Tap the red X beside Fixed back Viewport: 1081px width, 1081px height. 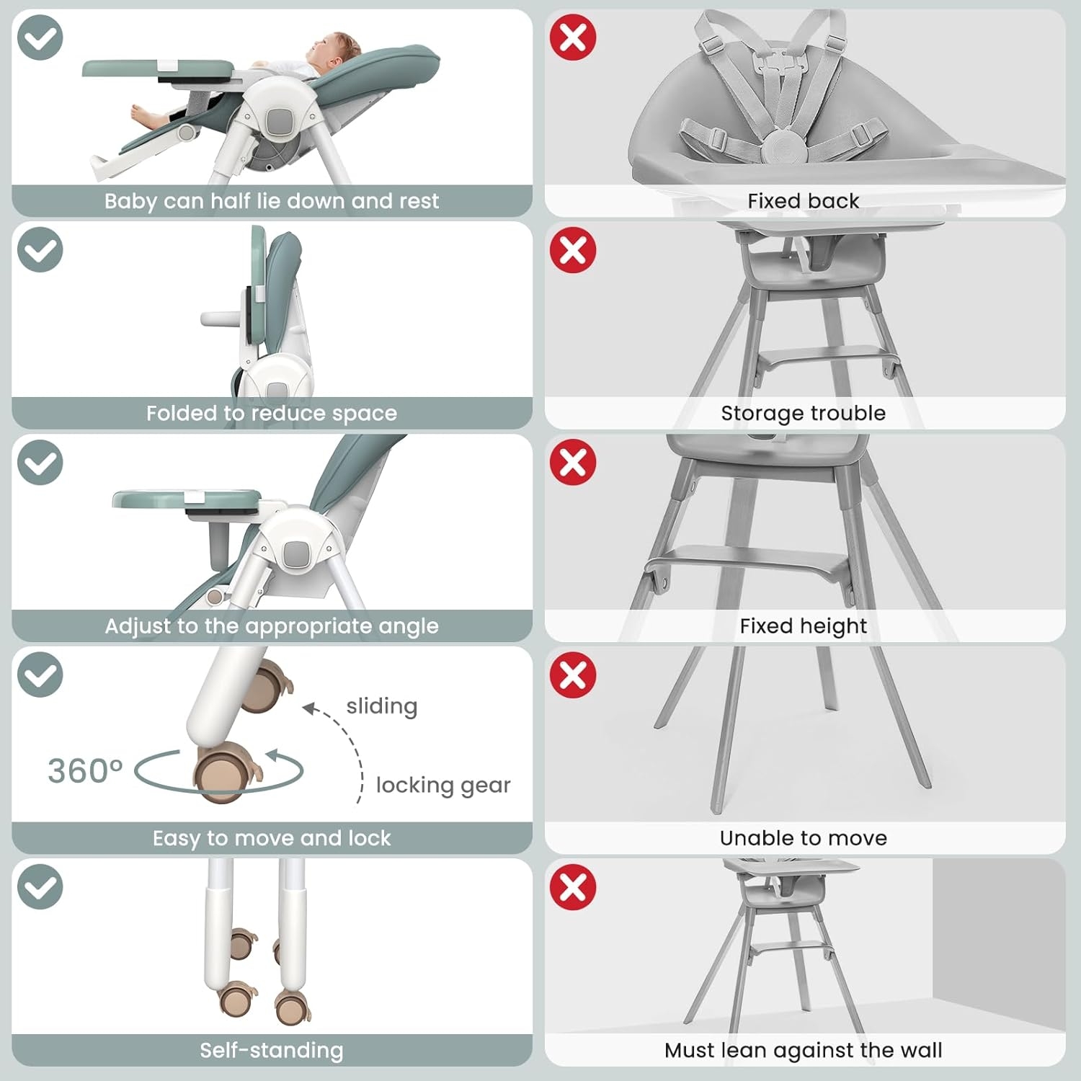click(x=573, y=37)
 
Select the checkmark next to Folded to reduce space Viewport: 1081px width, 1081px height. click(x=40, y=249)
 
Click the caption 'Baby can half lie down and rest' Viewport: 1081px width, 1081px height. click(x=272, y=200)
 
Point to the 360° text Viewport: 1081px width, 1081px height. click(x=85, y=770)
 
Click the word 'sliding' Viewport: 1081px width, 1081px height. click(x=382, y=706)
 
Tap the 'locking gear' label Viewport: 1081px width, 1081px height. click(x=443, y=785)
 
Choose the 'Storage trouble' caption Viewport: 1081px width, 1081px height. click(x=804, y=413)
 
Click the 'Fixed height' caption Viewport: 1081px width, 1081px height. click(x=804, y=626)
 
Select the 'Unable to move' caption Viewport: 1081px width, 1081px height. click(x=804, y=837)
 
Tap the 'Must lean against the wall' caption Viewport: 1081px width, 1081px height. click(x=804, y=1050)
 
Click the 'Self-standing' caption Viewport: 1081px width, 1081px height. click(x=272, y=1050)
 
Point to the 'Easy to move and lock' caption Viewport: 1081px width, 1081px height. click(x=272, y=837)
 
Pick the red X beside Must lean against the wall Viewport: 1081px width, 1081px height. click(x=573, y=886)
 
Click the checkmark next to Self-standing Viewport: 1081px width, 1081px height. click(x=40, y=886)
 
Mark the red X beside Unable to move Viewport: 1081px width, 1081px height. click(x=573, y=675)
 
